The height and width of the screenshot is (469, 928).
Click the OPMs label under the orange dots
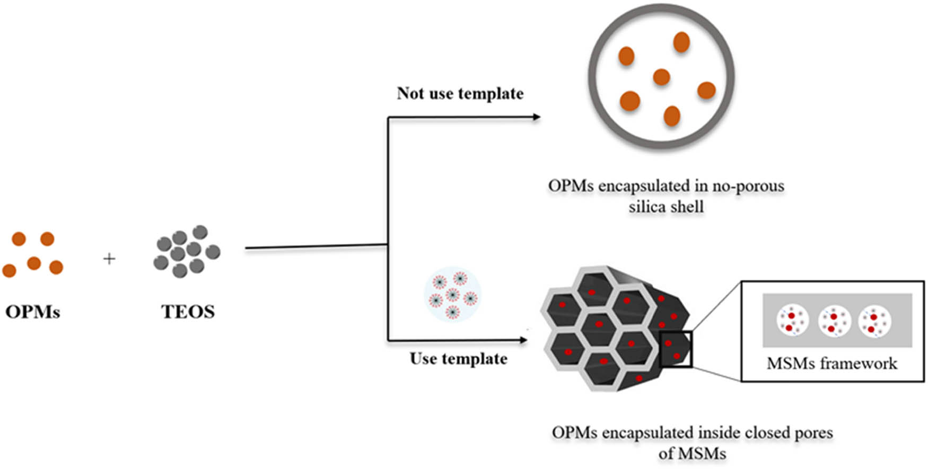coord(32,312)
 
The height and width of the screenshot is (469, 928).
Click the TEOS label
coord(188,312)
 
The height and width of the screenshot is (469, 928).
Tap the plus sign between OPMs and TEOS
coord(109,259)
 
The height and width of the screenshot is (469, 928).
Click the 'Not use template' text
coord(460,94)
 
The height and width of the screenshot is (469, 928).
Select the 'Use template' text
coord(458,359)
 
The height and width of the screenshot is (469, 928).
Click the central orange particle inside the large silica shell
coord(661,77)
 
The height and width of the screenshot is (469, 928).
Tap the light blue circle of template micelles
coord(452,295)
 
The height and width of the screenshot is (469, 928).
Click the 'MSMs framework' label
coord(831,364)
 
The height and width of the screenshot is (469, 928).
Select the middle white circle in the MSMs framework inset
coord(834,321)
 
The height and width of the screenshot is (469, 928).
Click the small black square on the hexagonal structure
coord(676,349)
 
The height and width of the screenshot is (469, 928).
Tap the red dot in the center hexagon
coord(599,324)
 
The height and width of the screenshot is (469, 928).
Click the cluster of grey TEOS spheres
coord(187,251)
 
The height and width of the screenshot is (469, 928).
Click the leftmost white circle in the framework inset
coord(792,320)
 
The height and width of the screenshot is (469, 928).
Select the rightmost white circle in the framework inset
coord(874,321)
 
